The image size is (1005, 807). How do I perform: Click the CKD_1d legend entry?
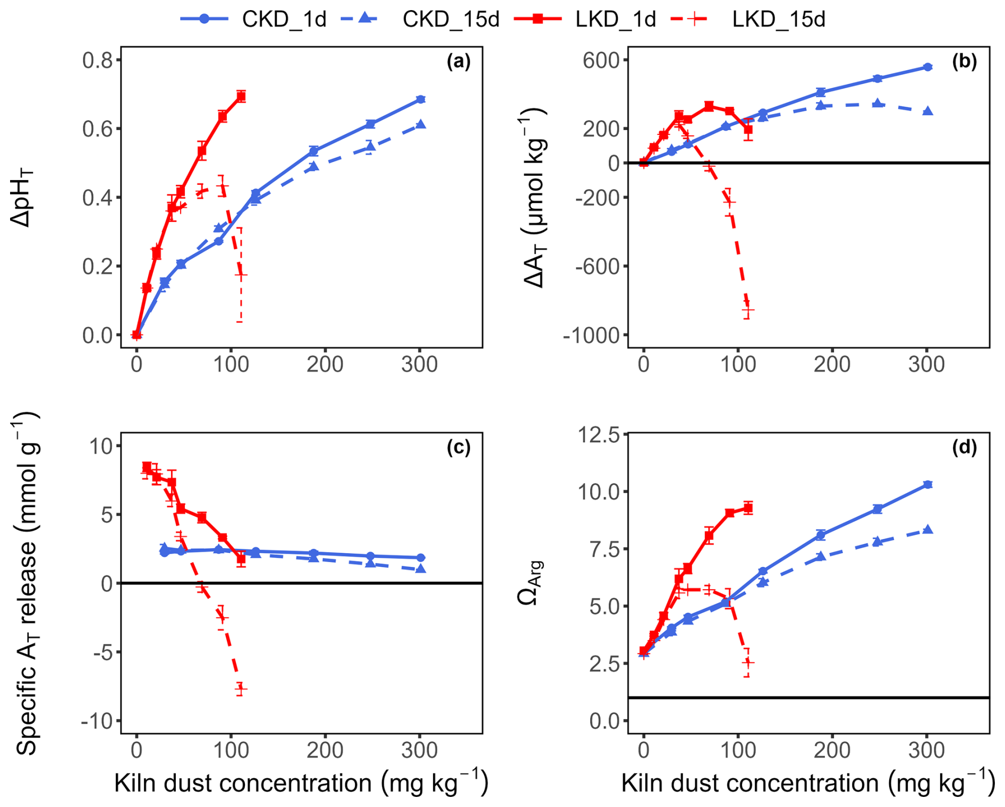pos(253,19)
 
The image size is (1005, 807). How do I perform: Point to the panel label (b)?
pos(964,62)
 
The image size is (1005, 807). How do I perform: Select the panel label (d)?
pos(964,447)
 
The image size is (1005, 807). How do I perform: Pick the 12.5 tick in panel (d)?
pos(599,435)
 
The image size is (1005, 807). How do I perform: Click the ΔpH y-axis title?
pos(22,198)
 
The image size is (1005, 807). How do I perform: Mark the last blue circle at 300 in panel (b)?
pos(927,67)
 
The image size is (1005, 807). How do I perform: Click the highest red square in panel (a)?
pos(241,96)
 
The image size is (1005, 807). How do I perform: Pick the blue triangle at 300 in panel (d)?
pos(927,529)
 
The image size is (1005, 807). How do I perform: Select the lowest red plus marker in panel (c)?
pos(241,689)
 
